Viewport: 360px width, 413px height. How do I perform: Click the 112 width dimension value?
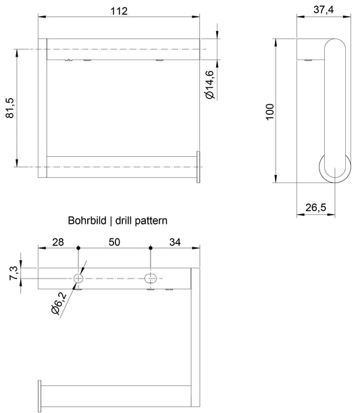[119, 11]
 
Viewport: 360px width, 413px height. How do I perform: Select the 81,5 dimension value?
[10, 108]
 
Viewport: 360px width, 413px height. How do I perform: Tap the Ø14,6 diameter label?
[210, 84]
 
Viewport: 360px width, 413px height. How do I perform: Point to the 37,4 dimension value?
[324, 9]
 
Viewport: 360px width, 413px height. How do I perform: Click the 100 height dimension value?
[269, 112]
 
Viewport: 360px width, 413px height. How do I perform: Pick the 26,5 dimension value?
[315, 208]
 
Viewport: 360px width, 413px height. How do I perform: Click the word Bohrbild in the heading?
[87, 220]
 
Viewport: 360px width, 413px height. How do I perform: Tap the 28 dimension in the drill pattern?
[58, 242]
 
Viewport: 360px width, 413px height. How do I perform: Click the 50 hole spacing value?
[114, 242]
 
